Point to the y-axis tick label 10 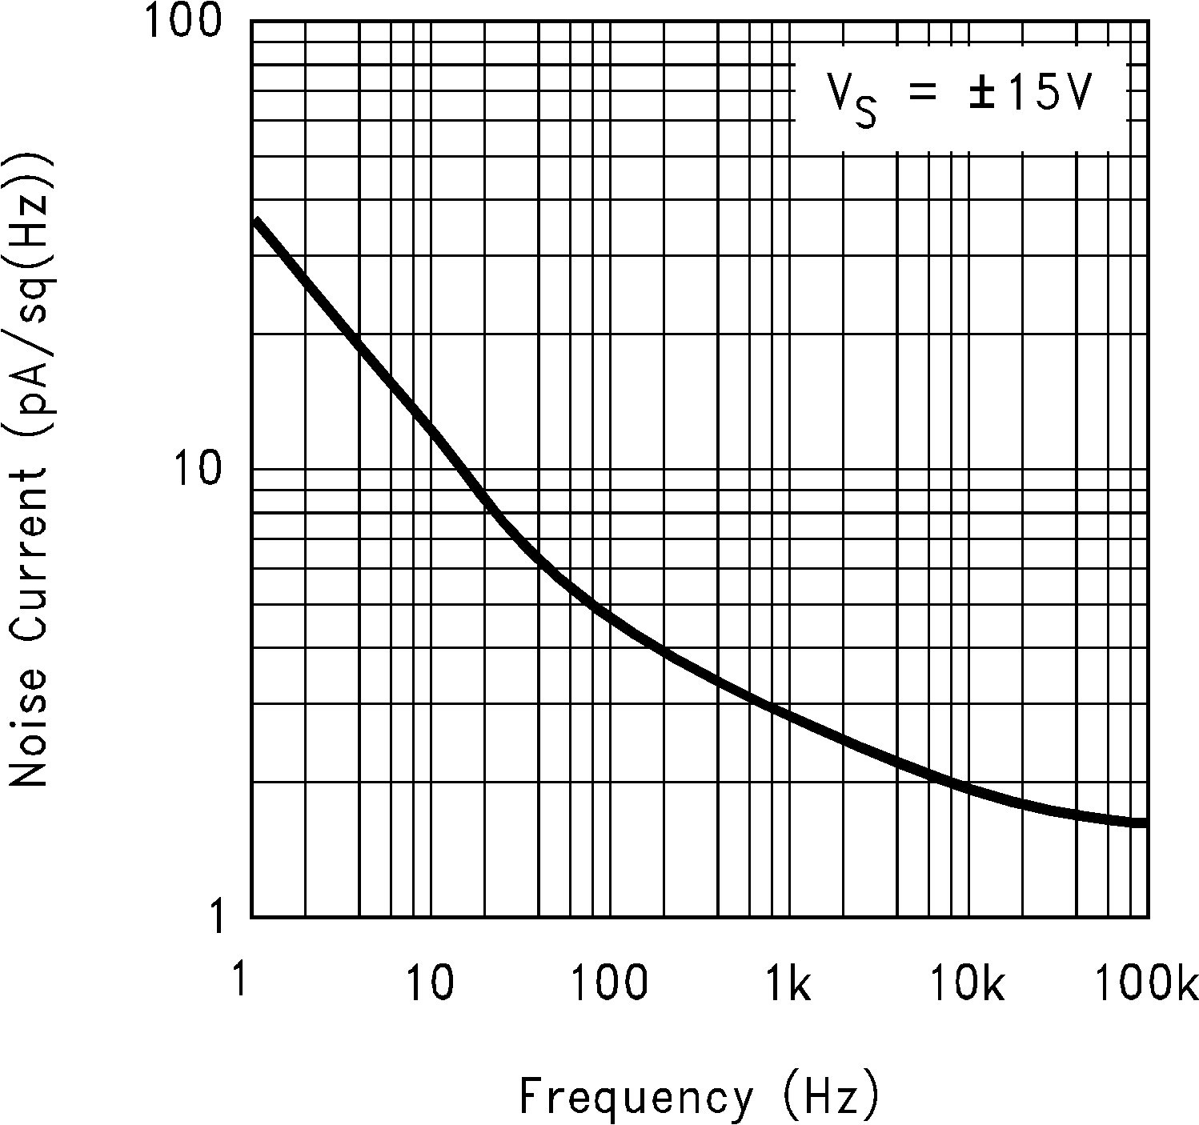(x=196, y=470)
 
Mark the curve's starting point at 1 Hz (x=255, y=220)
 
